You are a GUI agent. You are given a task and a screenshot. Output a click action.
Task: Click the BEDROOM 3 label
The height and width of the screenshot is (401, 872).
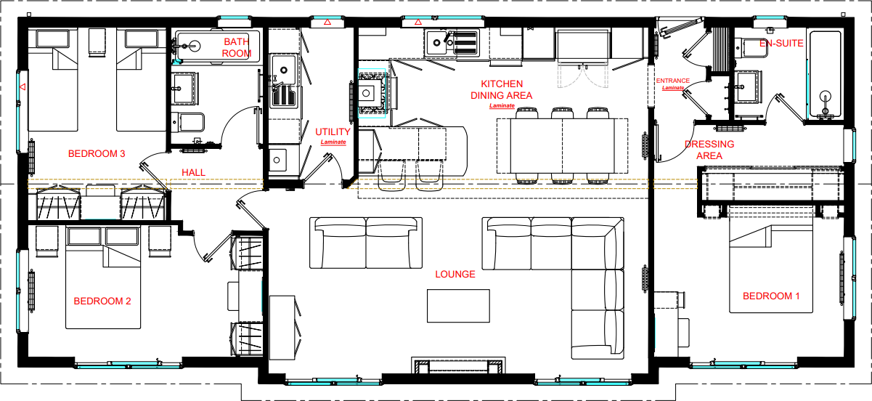[x=97, y=154]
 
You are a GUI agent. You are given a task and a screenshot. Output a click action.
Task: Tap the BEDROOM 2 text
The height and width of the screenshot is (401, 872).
[x=102, y=301]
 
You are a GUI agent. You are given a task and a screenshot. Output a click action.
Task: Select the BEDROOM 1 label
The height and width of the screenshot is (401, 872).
[x=771, y=296]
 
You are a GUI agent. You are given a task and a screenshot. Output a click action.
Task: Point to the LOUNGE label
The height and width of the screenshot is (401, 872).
[x=455, y=275]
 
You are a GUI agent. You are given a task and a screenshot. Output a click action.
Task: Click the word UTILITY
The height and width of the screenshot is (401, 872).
[x=333, y=132]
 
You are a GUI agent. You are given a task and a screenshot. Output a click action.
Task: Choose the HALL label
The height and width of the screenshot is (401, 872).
[x=193, y=172]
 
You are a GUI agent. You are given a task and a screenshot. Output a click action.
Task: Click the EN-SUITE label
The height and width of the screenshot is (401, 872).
[x=781, y=44]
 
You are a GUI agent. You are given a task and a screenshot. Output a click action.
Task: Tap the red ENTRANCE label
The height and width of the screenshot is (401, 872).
[x=672, y=81]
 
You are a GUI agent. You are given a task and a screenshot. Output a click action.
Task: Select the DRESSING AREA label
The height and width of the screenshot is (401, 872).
[x=709, y=150]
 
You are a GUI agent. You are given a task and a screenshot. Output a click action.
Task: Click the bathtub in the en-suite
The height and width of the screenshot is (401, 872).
[x=825, y=75]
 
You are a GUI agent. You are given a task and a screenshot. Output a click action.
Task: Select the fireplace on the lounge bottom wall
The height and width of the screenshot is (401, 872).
[x=457, y=365]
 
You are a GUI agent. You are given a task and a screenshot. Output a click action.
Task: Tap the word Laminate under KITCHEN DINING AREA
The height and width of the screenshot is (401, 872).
[x=502, y=106]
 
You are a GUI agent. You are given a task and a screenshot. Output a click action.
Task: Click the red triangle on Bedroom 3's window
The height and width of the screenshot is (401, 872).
[x=23, y=88]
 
